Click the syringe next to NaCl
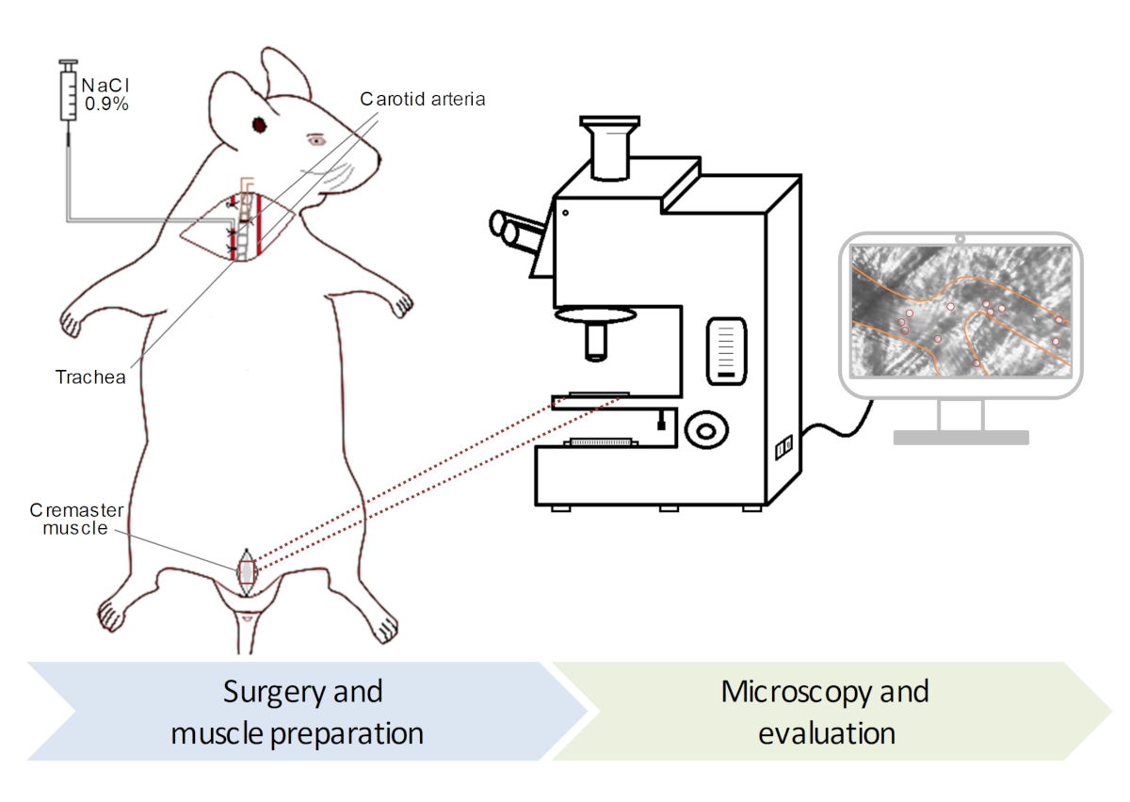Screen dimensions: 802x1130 [x=69, y=94]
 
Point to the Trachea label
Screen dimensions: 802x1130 [x=90, y=377]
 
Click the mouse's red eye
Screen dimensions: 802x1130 [x=257, y=125]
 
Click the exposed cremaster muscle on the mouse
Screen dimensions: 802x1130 [x=247, y=572]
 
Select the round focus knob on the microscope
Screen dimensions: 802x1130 [x=704, y=431]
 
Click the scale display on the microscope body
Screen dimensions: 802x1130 [x=727, y=349]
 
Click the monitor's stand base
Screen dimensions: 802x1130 [x=960, y=437]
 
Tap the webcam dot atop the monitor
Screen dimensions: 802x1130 [x=960, y=238]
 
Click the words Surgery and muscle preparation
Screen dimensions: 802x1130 [x=300, y=712]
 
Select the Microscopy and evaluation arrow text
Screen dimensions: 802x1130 [x=825, y=712]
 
